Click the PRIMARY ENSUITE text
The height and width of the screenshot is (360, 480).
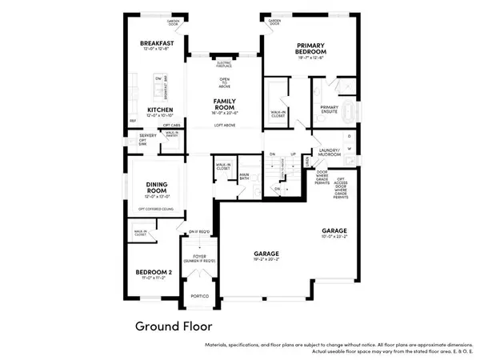330,109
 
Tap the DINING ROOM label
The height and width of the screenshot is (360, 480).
156,188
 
